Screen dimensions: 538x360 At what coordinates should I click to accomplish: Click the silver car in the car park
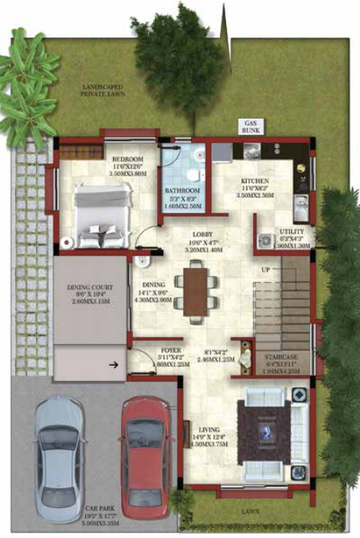pos(61,446)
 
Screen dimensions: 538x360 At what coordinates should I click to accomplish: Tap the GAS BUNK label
pos(250,128)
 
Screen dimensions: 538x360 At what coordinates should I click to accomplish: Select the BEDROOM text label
pos(127,159)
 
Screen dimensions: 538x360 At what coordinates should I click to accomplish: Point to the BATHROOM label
pos(182,191)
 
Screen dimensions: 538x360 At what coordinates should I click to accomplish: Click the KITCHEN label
pos(256,181)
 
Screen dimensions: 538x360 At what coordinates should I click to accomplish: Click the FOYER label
pos(170,350)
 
